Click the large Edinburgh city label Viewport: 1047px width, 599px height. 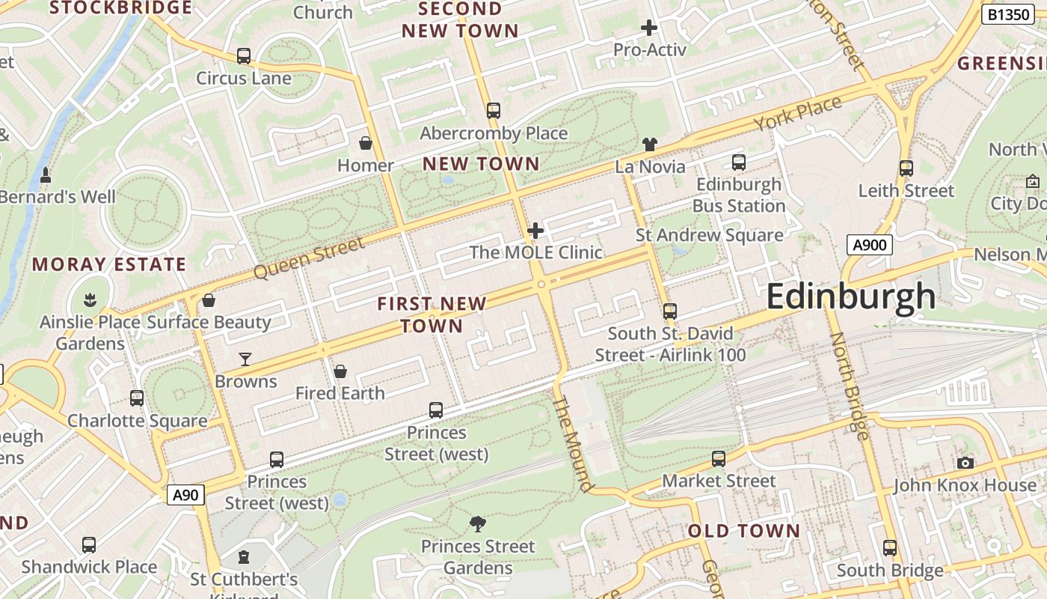(850, 297)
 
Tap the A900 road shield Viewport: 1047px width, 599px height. (870, 245)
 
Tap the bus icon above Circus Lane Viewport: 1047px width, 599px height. (243, 56)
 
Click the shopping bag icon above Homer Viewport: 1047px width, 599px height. (366, 143)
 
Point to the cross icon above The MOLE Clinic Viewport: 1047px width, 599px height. (535, 231)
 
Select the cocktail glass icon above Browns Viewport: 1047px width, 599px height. (245, 359)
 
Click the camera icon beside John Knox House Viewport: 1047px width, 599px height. (965, 463)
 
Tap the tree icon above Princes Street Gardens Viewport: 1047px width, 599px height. (477, 524)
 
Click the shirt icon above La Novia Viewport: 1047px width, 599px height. (649, 145)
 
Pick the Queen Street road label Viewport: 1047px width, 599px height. (310, 258)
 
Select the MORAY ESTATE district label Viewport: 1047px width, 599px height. (109, 264)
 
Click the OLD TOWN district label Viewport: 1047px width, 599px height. (743, 532)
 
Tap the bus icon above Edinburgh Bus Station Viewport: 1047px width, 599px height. (739, 162)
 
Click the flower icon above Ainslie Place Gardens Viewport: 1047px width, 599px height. (90, 300)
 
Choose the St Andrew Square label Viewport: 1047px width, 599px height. (709, 235)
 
